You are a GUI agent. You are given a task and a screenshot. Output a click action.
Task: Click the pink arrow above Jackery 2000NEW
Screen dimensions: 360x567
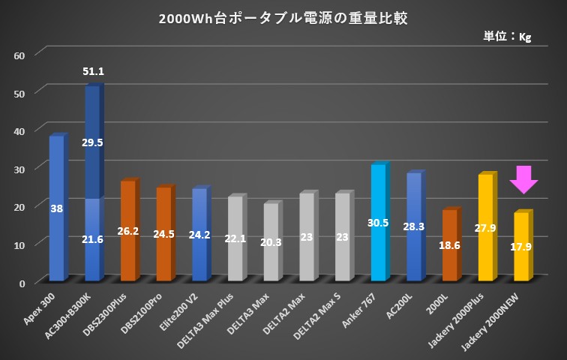coord(523,180)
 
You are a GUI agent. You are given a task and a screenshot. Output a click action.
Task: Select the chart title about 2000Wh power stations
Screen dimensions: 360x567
coord(283,18)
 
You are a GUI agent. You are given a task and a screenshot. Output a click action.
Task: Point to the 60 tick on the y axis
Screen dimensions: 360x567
coord(19,55)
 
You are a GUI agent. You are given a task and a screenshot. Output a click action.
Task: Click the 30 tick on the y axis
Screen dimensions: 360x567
coord(19,169)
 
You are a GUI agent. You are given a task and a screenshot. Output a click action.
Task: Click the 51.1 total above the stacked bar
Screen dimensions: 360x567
coord(93,71)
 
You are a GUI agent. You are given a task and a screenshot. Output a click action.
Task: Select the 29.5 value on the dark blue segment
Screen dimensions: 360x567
coord(93,142)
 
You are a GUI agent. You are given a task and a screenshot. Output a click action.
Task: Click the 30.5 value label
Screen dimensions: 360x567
coord(378,223)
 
